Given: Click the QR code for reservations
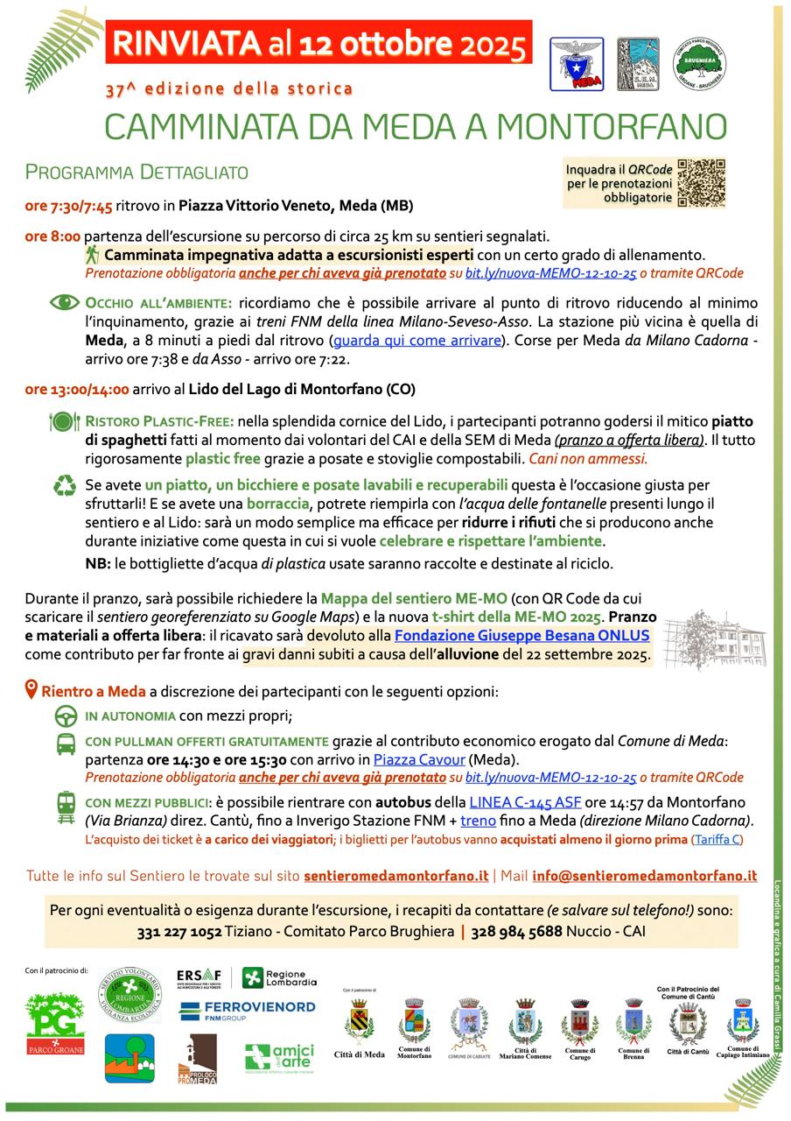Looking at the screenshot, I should (703, 182).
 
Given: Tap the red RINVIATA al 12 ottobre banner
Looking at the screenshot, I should (318, 41).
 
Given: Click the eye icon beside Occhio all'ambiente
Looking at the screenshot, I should (64, 303).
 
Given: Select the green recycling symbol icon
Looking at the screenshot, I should (65, 485).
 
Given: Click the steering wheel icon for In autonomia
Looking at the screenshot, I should (66, 716).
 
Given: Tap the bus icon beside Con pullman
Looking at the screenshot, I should (66, 744).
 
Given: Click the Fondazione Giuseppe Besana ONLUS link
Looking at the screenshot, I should (521, 636).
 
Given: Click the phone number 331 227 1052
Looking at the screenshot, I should (179, 932).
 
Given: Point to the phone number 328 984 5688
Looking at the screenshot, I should (516, 932).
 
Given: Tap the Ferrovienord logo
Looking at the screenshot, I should (247, 1011).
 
